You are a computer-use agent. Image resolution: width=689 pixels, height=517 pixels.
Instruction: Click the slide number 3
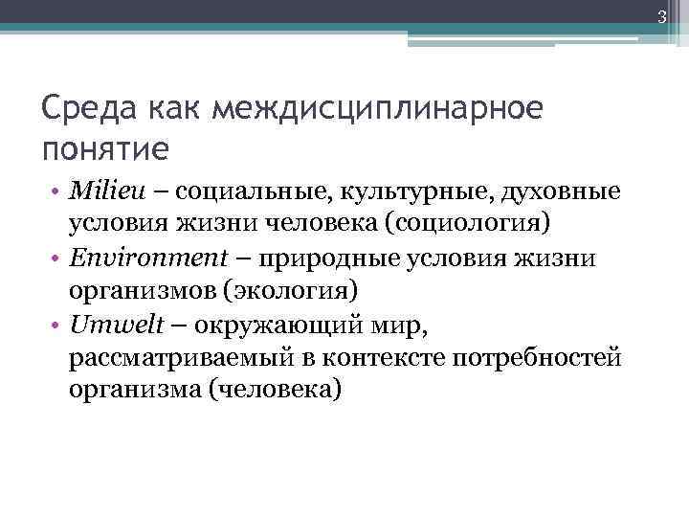tap(675, 15)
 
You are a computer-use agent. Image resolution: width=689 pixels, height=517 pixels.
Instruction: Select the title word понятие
tap(106, 149)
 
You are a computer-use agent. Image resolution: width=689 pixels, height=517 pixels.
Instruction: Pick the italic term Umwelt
tap(109, 324)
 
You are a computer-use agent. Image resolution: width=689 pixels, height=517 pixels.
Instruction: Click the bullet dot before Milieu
tap(58, 193)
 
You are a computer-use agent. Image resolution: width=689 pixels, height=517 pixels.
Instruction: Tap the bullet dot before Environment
tap(58, 258)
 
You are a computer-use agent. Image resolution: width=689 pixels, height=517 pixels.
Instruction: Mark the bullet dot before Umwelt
tap(58, 325)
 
